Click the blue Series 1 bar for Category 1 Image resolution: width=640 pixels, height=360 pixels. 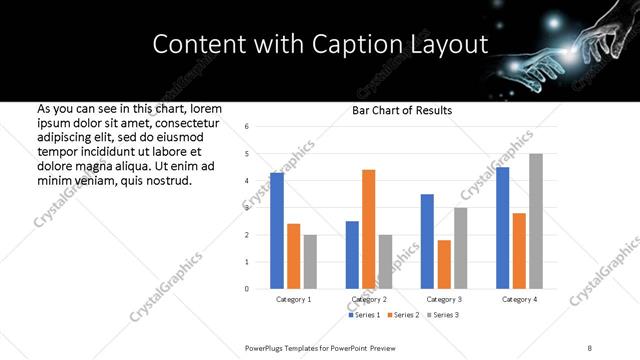[x=277, y=230]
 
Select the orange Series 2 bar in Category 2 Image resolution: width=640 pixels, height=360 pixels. [x=368, y=229]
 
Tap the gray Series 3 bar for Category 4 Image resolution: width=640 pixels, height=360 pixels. [x=536, y=221]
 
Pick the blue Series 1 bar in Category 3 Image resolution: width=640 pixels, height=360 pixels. [x=427, y=241]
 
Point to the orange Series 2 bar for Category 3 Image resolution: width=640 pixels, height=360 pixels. [x=444, y=264]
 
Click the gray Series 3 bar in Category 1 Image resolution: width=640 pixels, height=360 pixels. [x=310, y=261]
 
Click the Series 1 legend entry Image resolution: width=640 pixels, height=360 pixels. [x=364, y=315]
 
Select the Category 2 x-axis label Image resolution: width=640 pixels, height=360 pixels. [x=369, y=299]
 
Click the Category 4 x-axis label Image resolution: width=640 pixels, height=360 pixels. [x=519, y=299]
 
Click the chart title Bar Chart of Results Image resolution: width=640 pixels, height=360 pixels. [x=402, y=110]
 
